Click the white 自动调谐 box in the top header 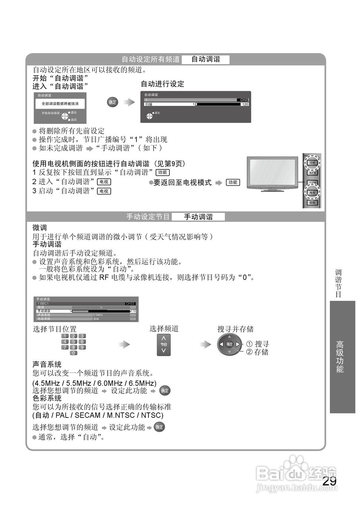[x=206, y=60]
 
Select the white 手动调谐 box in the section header [x=198, y=217]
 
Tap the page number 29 [x=329, y=481]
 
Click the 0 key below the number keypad [x=73, y=353]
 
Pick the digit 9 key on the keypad [x=82, y=347]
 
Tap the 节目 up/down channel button [x=164, y=345]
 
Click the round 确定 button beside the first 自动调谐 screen [x=113, y=102]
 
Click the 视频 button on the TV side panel [x=312, y=202]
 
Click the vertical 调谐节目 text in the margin [x=338, y=283]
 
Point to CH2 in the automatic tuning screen [x=244, y=100]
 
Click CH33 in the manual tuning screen [x=130, y=304]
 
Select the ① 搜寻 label [x=258, y=344]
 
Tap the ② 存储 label [x=258, y=352]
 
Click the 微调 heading [x=40, y=228]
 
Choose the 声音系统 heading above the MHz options [x=47, y=364]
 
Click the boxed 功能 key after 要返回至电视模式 [x=233, y=183]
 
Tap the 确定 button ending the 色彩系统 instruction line [x=159, y=427]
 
